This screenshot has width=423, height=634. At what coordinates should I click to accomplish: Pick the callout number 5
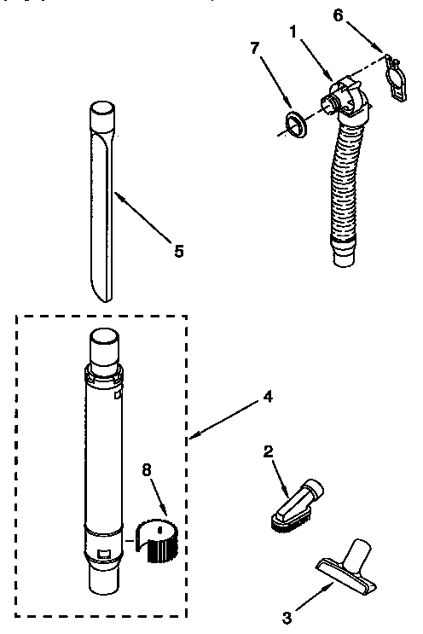178,250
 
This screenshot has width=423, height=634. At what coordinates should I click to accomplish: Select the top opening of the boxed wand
102,336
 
